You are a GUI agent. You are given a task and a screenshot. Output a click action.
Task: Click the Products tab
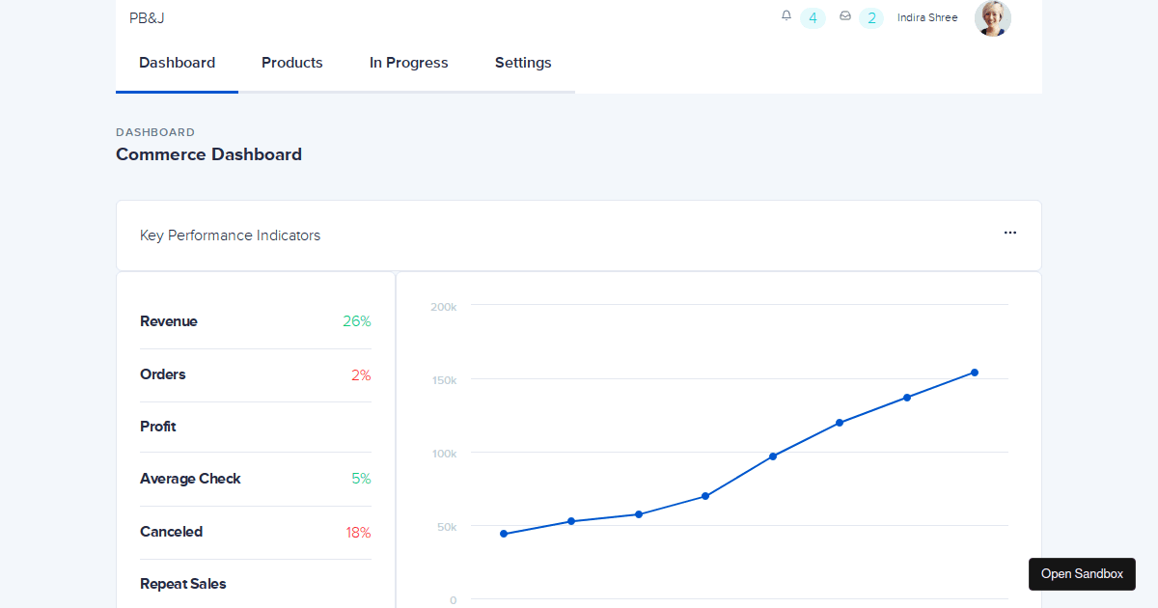coord(291,63)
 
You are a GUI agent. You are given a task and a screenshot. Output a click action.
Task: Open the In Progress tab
coord(408,63)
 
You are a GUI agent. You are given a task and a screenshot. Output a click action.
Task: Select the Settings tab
coord(523,63)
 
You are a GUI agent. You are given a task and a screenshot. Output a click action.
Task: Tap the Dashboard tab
coord(177,63)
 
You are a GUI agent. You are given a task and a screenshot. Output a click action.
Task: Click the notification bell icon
coord(786,15)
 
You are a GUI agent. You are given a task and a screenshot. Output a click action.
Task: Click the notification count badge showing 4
coord(813,17)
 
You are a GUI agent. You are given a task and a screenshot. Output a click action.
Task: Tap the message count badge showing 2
coord(871,17)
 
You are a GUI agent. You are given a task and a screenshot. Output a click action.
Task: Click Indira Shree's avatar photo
coord(992,17)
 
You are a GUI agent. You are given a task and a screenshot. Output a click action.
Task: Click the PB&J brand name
coord(147,17)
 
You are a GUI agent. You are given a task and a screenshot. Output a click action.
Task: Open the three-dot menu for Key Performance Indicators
coord(1009,233)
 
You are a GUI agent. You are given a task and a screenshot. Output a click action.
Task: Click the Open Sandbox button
coord(1082,573)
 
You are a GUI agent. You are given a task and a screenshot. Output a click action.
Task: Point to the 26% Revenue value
coord(356,321)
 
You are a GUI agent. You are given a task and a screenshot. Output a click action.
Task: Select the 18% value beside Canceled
coord(358,532)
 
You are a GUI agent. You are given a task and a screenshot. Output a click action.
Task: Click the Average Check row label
coord(190,479)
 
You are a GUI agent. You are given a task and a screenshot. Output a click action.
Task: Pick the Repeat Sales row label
coord(183,584)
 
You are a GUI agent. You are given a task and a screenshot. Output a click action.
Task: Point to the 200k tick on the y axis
coord(443,307)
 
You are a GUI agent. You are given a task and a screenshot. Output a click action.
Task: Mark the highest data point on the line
coord(975,373)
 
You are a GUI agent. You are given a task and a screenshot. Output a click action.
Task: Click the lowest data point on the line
coord(504,534)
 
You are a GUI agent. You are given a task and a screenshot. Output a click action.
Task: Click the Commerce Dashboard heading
coord(208,154)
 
